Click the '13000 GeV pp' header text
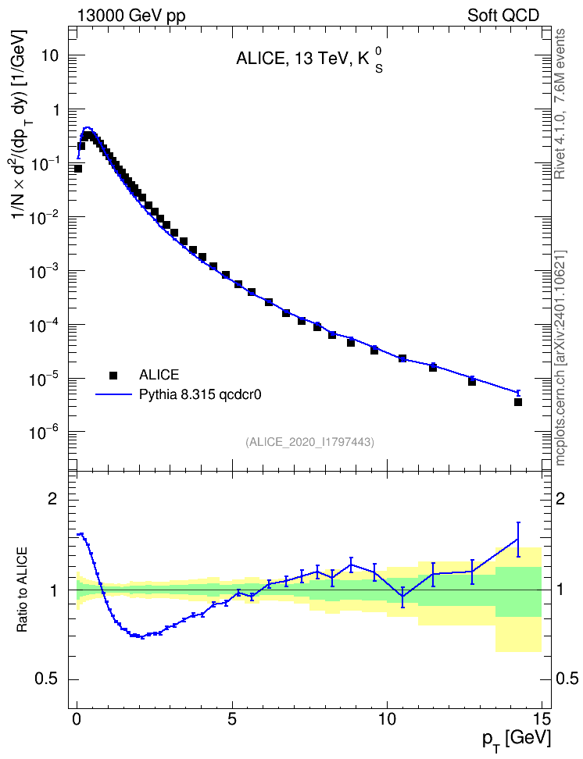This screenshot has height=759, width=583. coord(131,16)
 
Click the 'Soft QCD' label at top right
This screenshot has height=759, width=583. coord(503,16)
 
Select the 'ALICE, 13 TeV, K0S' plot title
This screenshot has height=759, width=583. coord(309,60)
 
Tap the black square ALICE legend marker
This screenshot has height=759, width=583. coord(113,375)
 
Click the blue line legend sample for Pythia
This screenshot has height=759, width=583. coord(114,394)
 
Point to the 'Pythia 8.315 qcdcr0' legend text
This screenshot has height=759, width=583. coord(200,394)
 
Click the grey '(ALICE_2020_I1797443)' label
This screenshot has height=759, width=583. coord(309,442)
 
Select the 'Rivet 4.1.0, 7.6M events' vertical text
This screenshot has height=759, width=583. coord(560,104)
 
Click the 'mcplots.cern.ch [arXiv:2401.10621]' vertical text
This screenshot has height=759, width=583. coord(560,358)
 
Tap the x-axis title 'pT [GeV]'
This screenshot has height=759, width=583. coord(517,739)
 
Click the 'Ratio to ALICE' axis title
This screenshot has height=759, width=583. coord(22,590)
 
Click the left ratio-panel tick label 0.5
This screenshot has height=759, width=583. coord(47,679)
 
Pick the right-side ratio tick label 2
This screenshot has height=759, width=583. coord(560,498)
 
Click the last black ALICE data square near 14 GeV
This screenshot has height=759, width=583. coord(518,402)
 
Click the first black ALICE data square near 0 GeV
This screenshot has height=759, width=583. coord(78,169)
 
